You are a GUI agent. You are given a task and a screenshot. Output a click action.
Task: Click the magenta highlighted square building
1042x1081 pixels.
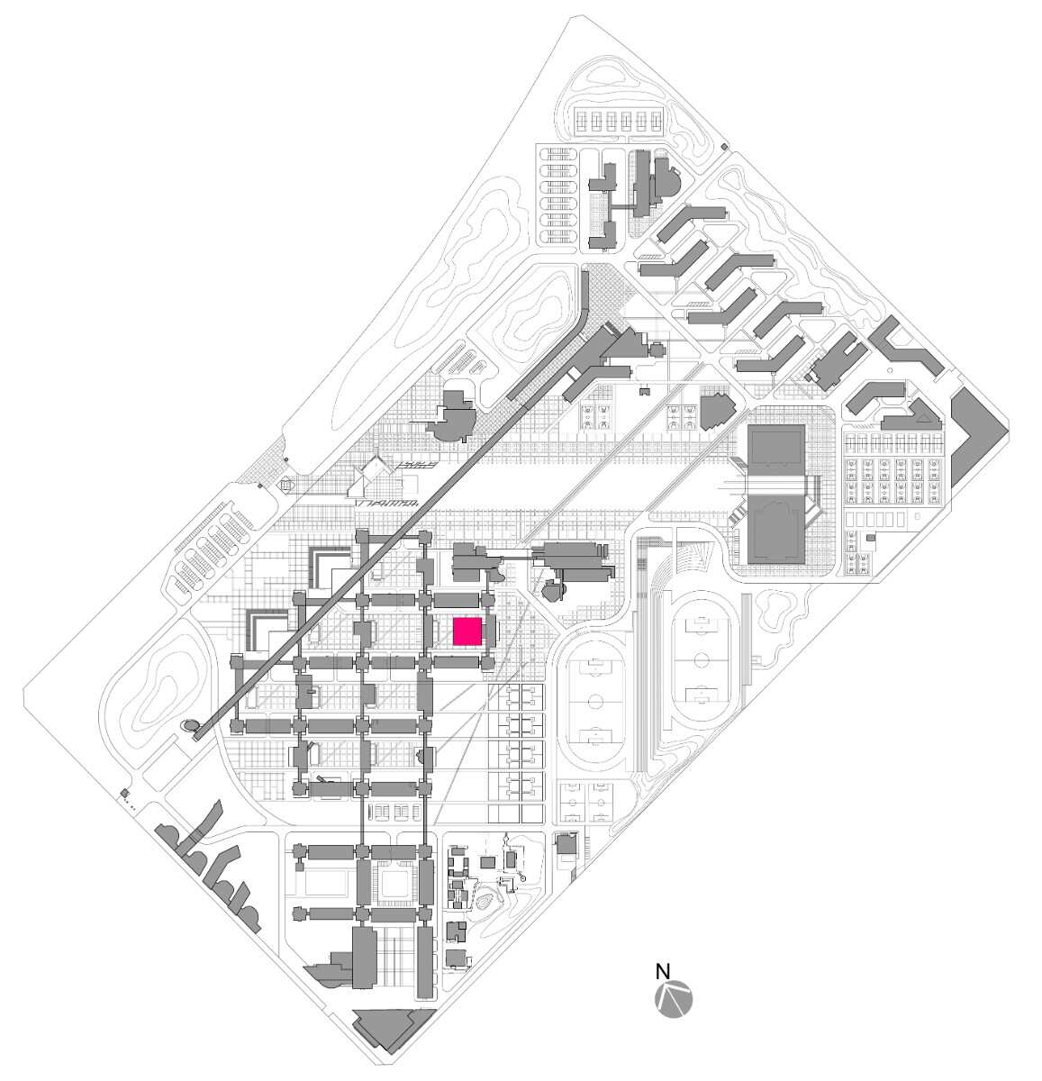tap(467, 631)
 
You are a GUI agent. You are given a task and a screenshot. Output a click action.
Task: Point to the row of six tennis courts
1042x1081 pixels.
tap(619, 119)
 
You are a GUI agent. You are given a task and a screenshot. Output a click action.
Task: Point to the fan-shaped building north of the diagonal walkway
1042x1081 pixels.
tap(455, 416)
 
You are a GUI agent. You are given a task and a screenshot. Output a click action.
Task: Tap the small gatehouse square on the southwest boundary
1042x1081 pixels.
tap(124, 792)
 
